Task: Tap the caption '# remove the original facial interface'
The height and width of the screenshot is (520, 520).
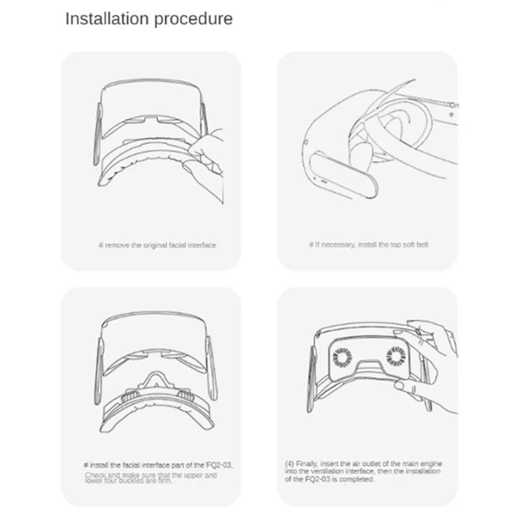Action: coord(157,245)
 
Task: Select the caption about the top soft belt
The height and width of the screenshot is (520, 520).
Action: coord(368,245)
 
